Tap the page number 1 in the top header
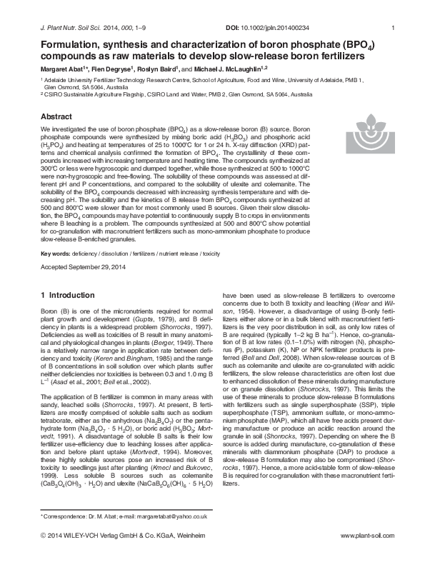(394, 28)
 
